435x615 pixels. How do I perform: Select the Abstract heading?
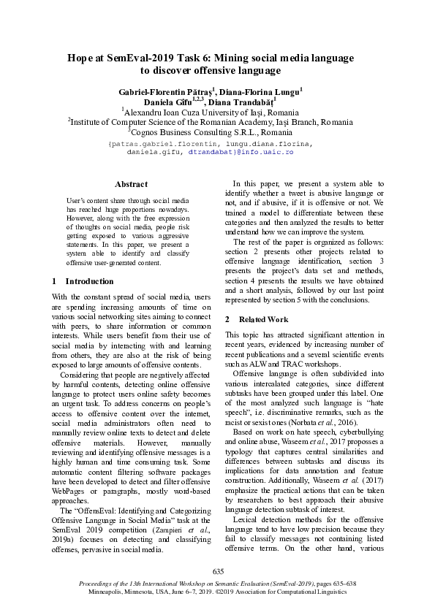click(x=131, y=184)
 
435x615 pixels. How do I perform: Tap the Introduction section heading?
click(x=87, y=281)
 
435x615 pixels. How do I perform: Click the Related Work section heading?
click(x=251, y=320)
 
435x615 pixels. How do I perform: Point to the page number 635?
click(x=217, y=570)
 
